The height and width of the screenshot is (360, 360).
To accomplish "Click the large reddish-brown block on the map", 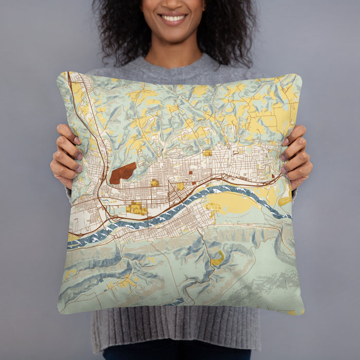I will [x=123, y=173].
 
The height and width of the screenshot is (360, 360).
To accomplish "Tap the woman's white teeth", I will [x=173, y=19].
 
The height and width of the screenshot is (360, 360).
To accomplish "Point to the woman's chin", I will [x=173, y=35].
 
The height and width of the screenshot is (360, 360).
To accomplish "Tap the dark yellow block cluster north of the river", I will [x=136, y=208].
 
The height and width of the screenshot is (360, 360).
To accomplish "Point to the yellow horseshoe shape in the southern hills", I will [x=218, y=259].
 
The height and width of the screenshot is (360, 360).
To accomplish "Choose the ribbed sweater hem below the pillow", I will [x=175, y=329].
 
